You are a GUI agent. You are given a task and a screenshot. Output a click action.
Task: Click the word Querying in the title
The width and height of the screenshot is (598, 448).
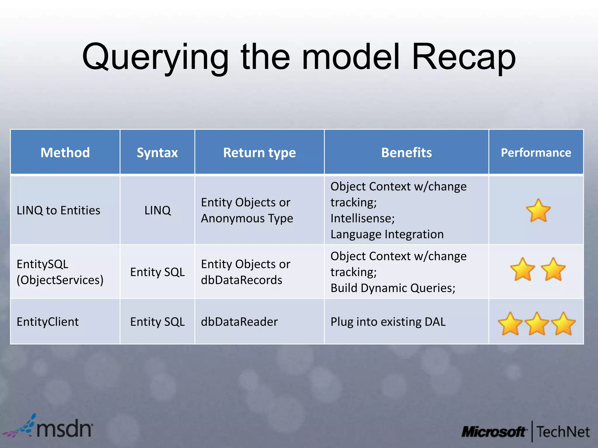click(x=155, y=58)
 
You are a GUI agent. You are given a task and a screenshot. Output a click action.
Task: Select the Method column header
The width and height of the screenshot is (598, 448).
click(x=65, y=153)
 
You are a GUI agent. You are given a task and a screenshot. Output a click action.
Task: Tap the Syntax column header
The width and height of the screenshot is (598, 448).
click(x=157, y=153)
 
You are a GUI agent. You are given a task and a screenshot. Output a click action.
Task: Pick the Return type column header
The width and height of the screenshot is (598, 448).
click(x=259, y=153)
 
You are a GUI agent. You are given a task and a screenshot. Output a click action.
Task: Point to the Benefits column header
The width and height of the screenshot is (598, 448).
click(x=406, y=153)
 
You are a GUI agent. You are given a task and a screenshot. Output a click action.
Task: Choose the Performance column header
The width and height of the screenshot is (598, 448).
click(x=536, y=153)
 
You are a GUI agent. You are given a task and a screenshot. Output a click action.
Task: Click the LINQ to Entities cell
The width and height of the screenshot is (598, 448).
click(x=58, y=210)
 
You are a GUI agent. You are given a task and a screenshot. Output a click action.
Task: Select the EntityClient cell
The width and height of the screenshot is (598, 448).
click(x=48, y=322)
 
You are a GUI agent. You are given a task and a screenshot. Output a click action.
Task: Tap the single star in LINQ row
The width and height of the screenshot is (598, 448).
click(x=538, y=211)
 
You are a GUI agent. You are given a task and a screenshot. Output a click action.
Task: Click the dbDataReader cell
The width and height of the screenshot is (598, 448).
click(x=239, y=322)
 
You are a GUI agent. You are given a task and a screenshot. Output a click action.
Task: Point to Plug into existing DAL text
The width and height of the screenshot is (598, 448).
click(x=388, y=322)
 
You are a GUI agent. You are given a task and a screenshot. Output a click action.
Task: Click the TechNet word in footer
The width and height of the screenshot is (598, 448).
click(x=563, y=432)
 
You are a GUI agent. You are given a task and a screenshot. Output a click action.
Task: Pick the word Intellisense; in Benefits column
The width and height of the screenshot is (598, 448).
click(x=362, y=218)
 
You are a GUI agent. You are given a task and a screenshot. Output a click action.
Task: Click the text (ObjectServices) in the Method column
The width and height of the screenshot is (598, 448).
click(x=60, y=280)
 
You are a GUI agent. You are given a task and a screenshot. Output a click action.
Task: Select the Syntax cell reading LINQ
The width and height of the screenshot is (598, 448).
click(x=157, y=210)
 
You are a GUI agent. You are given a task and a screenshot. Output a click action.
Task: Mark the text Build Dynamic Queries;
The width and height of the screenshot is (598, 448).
click(x=393, y=288)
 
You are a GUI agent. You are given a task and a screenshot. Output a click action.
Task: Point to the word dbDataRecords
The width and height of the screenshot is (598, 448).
click(x=241, y=280)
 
